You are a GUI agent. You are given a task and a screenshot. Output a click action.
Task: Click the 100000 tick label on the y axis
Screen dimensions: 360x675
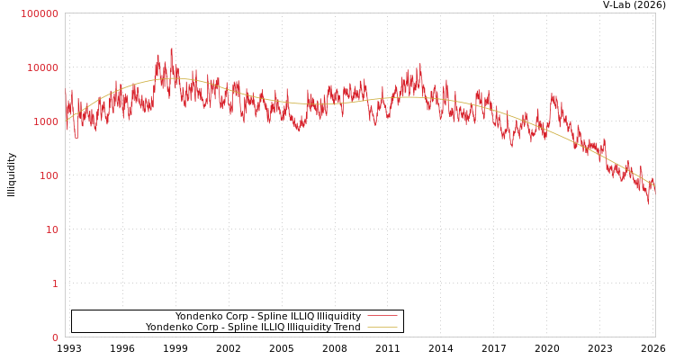click(x=40, y=13)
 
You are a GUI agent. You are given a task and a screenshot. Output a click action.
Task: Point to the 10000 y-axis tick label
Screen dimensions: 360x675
click(x=42, y=67)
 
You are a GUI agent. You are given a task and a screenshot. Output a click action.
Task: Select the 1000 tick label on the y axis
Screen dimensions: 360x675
click(x=45, y=121)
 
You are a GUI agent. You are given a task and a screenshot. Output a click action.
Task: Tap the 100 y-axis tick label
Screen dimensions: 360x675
click(x=48, y=175)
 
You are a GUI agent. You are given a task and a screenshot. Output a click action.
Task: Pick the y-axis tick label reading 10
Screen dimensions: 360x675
click(x=51, y=229)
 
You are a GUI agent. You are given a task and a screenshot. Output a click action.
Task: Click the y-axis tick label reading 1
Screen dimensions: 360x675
click(x=55, y=283)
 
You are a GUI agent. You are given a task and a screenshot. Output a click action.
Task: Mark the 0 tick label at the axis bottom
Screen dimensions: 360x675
click(x=55, y=337)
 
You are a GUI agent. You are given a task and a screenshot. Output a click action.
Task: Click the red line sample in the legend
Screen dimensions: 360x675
click(x=382, y=317)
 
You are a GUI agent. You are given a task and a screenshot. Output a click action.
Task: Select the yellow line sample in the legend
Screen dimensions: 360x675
click(x=382, y=328)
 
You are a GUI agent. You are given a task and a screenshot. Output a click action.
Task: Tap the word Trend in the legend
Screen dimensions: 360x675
click(x=346, y=328)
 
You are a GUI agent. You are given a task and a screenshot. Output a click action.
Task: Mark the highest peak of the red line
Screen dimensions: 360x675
click(x=171, y=49)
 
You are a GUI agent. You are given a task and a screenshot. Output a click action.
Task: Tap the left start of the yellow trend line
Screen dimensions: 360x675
click(x=66, y=120)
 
